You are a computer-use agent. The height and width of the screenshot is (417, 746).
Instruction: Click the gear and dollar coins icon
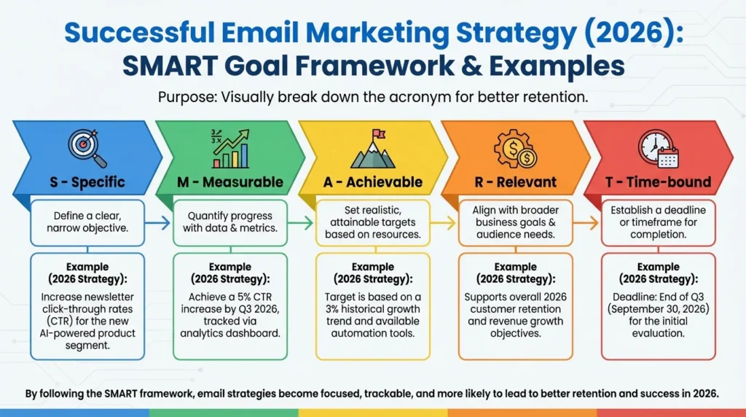[x=516, y=148]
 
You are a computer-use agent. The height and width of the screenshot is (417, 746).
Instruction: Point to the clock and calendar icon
[x=658, y=149]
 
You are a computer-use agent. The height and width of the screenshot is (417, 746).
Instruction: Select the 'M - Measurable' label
[x=229, y=182]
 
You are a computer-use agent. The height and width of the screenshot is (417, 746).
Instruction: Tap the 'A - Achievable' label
[x=373, y=182]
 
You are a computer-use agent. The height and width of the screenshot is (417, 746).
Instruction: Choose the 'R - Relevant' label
[x=516, y=182]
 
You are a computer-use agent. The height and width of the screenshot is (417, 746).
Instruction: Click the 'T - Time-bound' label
[x=659, y=182]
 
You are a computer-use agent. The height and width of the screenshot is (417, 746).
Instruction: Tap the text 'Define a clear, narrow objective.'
[x=87, y=223]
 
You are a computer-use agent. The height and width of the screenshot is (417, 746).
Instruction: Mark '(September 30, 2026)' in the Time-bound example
[x=659, y=310]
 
